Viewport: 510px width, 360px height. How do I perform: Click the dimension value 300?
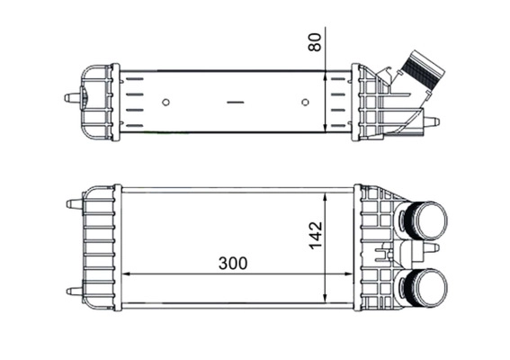232,264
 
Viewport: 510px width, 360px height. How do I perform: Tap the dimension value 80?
314,41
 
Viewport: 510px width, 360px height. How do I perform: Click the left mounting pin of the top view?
69,97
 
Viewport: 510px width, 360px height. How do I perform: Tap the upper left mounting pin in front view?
71,204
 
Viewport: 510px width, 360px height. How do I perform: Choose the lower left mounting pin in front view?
71,290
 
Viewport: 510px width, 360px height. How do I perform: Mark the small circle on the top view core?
166,102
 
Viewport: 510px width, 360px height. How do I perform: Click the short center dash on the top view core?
236,102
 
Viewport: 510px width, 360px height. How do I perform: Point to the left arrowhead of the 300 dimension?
126,274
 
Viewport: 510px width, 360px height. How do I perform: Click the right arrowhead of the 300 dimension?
348,274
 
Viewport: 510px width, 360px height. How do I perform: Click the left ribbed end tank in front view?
99,247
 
